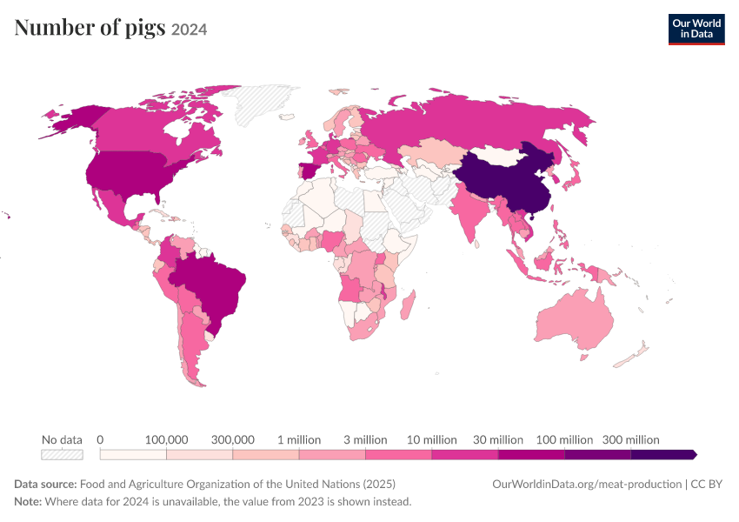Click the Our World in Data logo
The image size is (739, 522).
(696, 30)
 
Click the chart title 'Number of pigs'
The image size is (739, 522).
(90, 27)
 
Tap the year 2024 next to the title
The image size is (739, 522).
(189, 30)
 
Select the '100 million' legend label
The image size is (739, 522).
(564, 440)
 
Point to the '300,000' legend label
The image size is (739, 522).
(232, 440)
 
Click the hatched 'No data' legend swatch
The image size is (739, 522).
(63, 454)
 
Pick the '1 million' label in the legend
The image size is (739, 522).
(299, 440)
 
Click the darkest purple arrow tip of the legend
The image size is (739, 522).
(694, 454)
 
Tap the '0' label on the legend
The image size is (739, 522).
(100, 440)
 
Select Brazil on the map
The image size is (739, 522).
(212, 288)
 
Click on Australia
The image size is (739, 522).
(575, 318)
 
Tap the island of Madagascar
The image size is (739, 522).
(408, 304)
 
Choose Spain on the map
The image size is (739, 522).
(310, 169)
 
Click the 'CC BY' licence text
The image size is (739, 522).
(706, 485)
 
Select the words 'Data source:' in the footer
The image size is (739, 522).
(45, 485)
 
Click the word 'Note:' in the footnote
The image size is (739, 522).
(28, 501)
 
